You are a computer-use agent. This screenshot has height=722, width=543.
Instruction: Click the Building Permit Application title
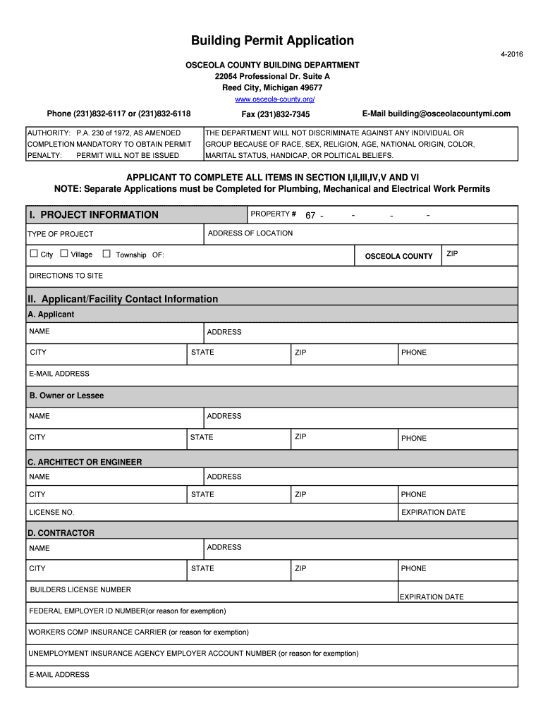tap(272, 41)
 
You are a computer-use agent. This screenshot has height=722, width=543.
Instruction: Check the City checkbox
tap(34, 254)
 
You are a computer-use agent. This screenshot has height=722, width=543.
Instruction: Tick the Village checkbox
tap(64, 254)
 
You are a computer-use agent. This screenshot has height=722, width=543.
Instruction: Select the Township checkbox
tap(106, 254)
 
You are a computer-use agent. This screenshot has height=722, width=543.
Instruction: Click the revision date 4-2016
tap(512, 54)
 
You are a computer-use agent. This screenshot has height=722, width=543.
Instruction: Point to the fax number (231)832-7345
tap(276, 114)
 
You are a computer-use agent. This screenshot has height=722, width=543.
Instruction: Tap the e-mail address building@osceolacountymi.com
tap(436, 114)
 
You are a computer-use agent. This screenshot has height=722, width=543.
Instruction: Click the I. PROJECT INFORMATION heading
tap(93, 215)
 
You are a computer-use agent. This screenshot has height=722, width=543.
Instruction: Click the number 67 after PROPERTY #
tap(310, 216)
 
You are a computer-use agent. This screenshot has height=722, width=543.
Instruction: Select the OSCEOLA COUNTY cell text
tap(398, 256)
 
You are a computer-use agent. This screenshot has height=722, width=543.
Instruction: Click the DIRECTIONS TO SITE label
tap(66, 276)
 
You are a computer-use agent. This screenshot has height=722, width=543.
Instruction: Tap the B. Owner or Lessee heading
tap(66, 396)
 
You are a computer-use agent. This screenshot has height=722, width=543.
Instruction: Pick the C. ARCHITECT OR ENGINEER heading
tap(85, 462)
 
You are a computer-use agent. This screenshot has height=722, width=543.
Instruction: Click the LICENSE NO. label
tap(51, 513)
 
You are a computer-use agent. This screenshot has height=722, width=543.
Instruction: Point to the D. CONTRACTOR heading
tap(61, 533)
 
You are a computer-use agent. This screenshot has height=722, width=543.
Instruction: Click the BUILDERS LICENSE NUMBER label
tap(80, 589)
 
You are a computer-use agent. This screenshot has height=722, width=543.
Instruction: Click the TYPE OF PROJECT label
tap(61, 234)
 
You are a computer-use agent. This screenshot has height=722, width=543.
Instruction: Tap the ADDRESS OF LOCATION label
tap(250, 233)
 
